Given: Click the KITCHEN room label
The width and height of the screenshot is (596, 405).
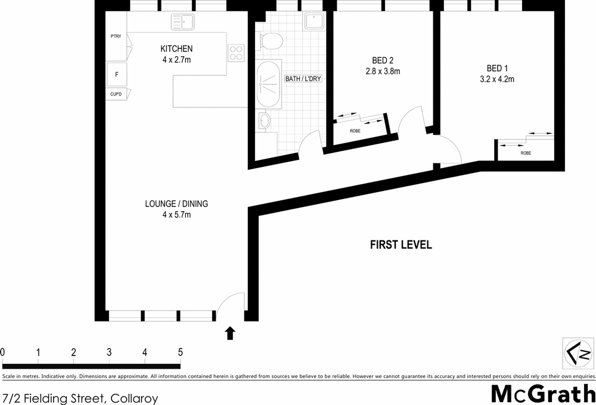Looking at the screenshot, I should (x=176, y=49).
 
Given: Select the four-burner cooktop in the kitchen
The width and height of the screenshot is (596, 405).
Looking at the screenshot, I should (x=236, y=53).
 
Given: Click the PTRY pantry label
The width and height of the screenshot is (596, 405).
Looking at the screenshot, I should (x=116, y=36).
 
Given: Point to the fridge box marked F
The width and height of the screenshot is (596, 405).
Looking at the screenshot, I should (x=117, y=75).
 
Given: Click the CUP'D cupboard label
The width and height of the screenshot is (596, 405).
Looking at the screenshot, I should (x=116, y=94).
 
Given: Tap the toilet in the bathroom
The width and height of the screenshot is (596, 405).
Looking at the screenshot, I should (x=270, y=41).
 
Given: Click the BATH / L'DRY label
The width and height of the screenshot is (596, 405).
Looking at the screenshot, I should (x=303, y=79).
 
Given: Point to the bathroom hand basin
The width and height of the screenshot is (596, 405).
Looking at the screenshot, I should (x=265, y=121).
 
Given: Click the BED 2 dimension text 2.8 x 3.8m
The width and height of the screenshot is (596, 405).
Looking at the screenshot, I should (x=382, y=72).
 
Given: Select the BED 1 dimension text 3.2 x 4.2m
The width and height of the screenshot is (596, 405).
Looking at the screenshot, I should (x=498, y=79).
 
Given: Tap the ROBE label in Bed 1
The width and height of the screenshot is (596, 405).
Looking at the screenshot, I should (x=526, y=153).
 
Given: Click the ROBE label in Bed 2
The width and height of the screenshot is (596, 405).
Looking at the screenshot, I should (x=355, y=131).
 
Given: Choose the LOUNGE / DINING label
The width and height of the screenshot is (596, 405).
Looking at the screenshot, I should (x=176, y=204).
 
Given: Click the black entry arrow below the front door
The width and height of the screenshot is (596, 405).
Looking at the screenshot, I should (x=230, y=333).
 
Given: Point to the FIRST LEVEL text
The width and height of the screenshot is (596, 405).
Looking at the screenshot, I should (x=401, y=245).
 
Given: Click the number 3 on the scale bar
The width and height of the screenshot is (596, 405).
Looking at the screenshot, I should (x=109, y=352).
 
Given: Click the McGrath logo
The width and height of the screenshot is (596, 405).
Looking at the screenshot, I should (x=543, y=393).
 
